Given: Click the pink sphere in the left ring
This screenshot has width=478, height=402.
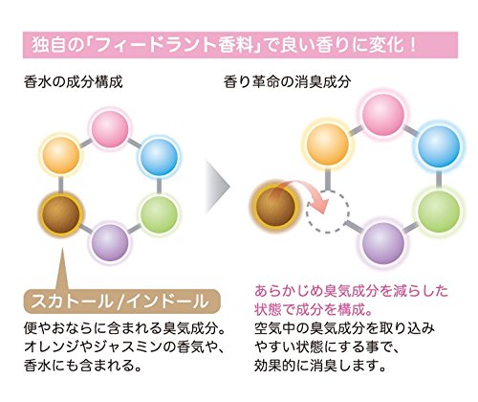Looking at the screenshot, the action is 110,128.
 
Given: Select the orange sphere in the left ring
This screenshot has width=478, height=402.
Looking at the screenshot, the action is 61,155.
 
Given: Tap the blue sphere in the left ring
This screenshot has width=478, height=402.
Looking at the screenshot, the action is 159,156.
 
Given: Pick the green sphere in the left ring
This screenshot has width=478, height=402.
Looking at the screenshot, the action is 159,213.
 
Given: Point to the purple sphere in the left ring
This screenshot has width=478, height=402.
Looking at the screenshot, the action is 110,241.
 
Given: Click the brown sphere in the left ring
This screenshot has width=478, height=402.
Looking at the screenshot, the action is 60,213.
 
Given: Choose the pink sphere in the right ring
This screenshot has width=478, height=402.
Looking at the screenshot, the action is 383,115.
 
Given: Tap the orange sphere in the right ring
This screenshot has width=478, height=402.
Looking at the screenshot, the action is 328,145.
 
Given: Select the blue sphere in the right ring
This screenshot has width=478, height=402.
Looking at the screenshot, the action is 439,146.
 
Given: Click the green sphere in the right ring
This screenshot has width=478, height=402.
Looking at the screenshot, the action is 439,211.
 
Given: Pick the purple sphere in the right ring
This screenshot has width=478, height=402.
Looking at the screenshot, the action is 383,242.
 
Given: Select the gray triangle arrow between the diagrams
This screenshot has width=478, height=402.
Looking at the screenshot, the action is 217,187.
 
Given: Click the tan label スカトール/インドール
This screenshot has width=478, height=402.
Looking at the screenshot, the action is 122,301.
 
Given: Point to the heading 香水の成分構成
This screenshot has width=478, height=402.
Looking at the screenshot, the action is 73,81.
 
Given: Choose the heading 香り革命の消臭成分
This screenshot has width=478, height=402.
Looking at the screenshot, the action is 287,81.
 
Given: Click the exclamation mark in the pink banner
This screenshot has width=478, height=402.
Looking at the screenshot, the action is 413,45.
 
